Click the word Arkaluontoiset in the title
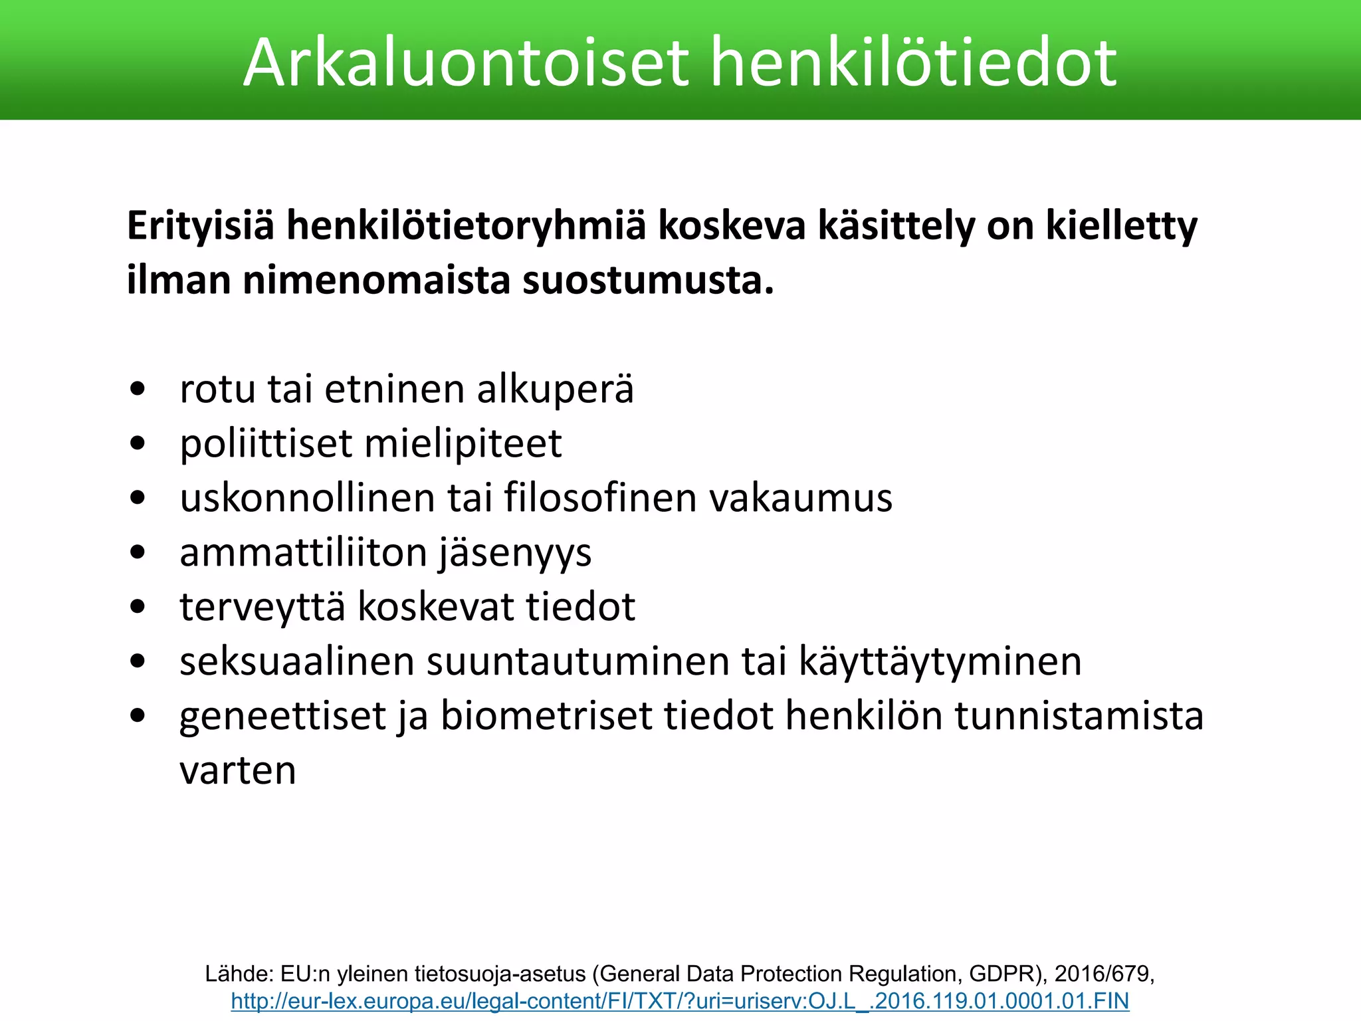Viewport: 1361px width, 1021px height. [x=465, y=62]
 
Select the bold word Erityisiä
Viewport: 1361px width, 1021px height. [x=200, y=226]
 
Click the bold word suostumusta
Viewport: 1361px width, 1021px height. [x=648, y=281]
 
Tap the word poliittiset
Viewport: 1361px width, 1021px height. [x=266, y=443]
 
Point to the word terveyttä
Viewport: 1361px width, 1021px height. [x=262, y=607]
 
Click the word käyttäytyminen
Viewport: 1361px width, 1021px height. [x=940, y=661]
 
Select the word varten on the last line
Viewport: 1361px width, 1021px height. [x=237, y=770]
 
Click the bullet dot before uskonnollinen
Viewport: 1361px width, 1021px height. [x=138, y=499]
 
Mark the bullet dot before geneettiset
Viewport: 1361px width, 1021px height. [x=138, y=717]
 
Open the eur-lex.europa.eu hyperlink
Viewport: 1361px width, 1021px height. [x=680, y=1001]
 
